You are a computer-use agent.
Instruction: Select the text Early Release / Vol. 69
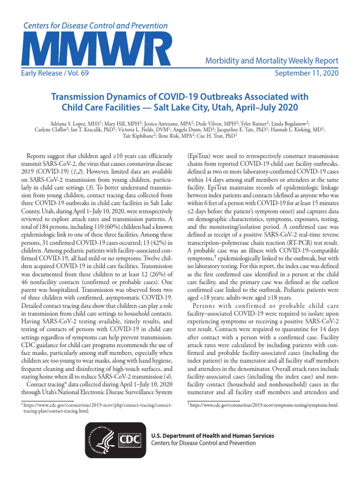click(55, 73)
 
